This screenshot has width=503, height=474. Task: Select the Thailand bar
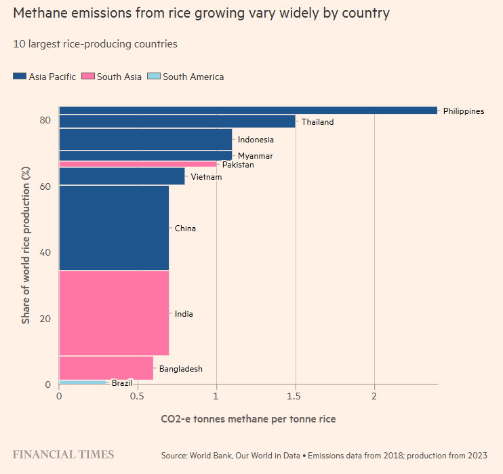(x=177, y=121)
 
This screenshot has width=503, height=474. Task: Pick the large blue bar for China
(x=114, y=228)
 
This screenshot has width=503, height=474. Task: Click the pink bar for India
(x=114, y=313)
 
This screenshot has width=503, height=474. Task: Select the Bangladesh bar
(x=106, y=368)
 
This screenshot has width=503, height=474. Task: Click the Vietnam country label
(x=207, y=177)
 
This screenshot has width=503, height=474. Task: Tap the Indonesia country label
(x=256, y=140)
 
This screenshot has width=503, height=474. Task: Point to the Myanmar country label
(x=256, y=156)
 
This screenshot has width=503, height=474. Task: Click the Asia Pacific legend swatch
(x=20, y=77)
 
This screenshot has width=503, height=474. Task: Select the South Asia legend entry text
(x=119, y=77)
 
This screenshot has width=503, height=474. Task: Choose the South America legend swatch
(x=153, y=77)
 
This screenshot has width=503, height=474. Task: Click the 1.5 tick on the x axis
(x=296, y=395)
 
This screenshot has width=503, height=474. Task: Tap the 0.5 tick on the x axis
(x=138, y=395)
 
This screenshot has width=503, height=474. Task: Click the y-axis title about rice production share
(x=26, y=244)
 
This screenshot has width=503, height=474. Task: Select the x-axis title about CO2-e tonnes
(x=248, y=419)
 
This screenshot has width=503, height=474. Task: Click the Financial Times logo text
(x=63, y=454)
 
